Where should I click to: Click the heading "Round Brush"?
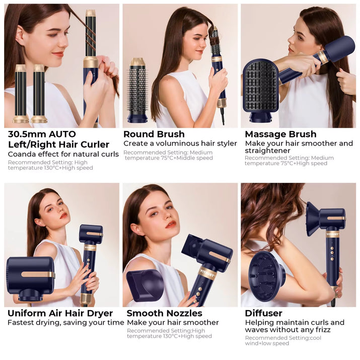click(x=154, y=134)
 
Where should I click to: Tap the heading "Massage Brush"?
click(x=280, y=134)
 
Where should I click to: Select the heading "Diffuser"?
click(x=263, y=313)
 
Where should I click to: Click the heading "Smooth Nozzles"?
click(x=164, y=313)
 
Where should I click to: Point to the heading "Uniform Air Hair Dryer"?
click(x=60, y=313)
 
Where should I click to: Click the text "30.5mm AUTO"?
click(x=42, y=134)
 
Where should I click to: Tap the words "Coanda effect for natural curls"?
click(x=63, y=154)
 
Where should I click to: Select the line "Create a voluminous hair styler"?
click(x=180, y=143)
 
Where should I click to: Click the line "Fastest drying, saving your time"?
click(x=65, y=322)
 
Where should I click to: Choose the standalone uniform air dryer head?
click(x=30, y=276)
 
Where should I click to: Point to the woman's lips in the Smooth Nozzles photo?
click(x=171, y=225)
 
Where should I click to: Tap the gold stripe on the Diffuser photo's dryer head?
click(x=336, y=218)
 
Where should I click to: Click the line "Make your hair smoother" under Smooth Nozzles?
click(x=173, y=322)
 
